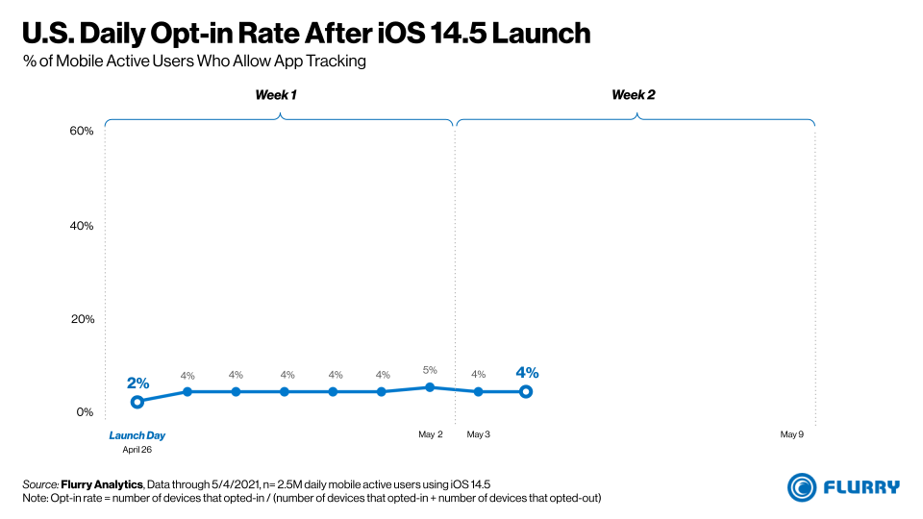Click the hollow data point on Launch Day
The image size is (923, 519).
[137, 402]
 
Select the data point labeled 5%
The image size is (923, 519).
[430, 387]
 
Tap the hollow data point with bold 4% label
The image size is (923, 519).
[526, 391]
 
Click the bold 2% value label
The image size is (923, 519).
[137, 383]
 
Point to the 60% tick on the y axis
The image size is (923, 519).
[83, 131]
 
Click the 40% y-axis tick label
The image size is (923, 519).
[83, 226]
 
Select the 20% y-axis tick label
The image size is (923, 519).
[83, 319]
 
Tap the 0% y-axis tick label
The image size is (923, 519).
[86, 412]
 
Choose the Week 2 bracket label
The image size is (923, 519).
[634, 94]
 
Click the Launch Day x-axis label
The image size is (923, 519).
[137, 435]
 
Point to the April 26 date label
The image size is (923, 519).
[137, 449]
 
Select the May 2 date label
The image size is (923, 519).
[430, 434]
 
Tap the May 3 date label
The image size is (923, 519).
[478, 434]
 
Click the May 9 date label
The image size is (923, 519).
[791, 434]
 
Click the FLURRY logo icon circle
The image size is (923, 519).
[803, 487]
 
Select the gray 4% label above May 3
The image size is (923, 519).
[478, 375]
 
